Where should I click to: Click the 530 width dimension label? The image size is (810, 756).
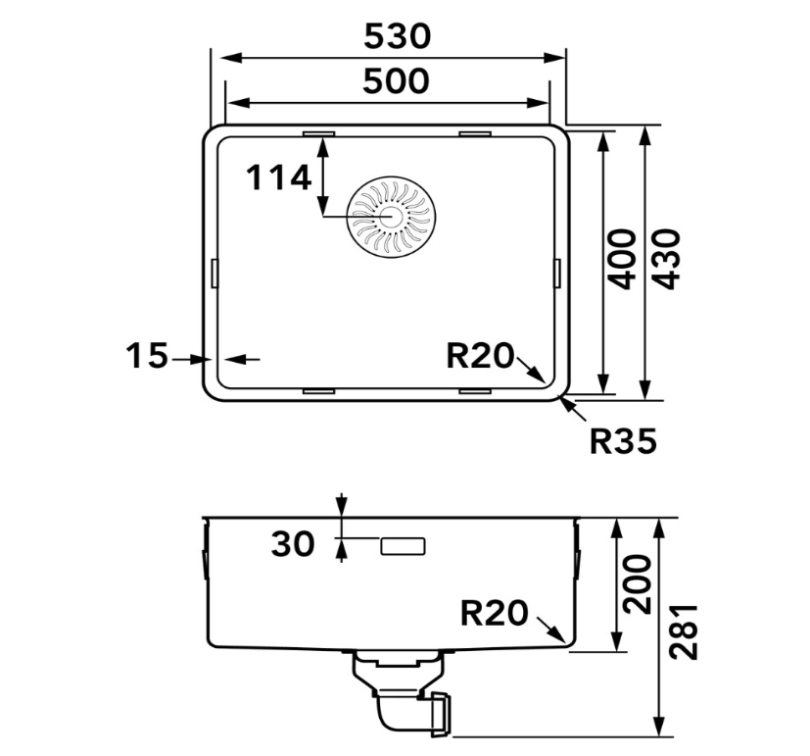pos(397,36)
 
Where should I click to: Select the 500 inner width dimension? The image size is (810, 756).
pos(396,81)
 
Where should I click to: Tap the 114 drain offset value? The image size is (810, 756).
pos(278,177)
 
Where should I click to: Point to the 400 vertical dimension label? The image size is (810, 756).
pos(621,259)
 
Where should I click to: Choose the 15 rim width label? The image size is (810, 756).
pos(147,355)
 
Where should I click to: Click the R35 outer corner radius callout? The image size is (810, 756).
pos(623,441)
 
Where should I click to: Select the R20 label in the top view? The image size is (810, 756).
pos(481,356)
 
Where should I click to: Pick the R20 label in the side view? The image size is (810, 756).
pos(495,613)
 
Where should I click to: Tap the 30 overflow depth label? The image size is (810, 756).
pos(293,544)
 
